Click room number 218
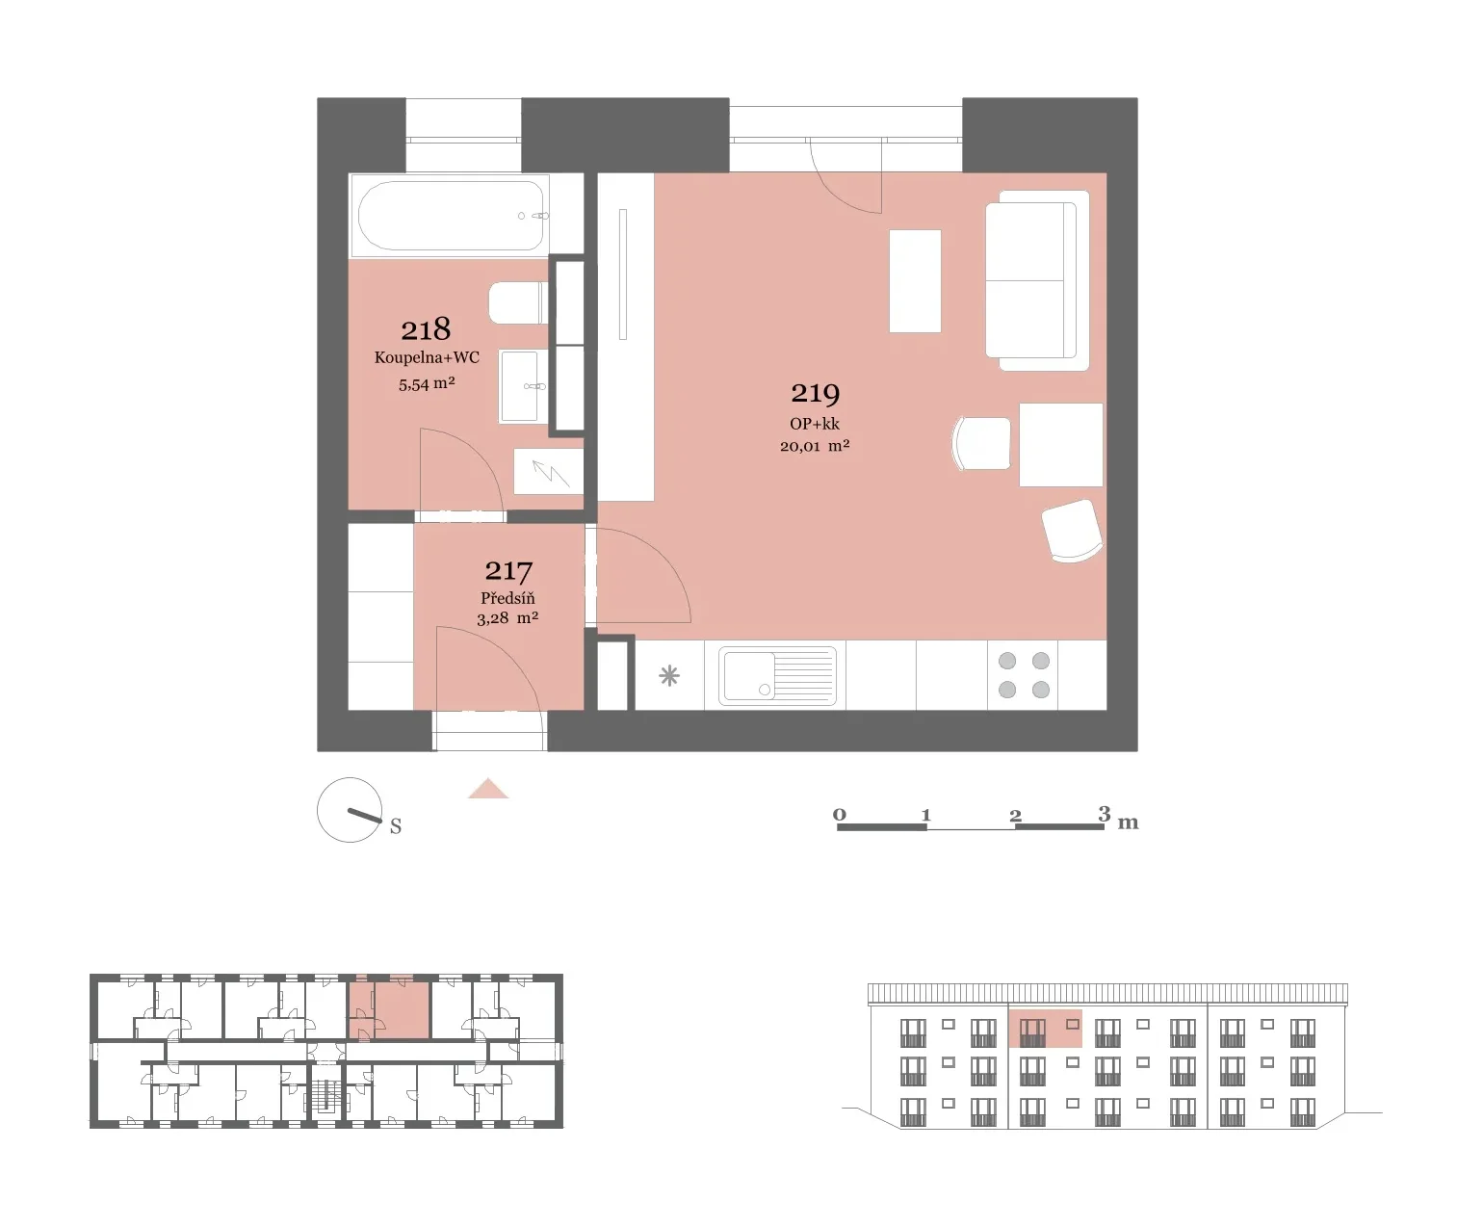coord(426,329)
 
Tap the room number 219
coord(815,394)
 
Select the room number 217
coord(508,571)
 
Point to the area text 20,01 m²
coord(815,446)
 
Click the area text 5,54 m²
coord(427,384)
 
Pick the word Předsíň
coord(507,598)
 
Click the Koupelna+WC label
coord(427,357)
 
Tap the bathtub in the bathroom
coord(450,216)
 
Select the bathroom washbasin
coord(523,386)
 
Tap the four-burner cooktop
coord(1023,675)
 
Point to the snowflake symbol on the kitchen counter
coord(669,675)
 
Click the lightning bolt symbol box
coord(549,472)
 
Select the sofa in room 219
coord(1037,280)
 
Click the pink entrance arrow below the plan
coord(488,789)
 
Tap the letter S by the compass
coord(396,826)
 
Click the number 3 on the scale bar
coord(1104,814)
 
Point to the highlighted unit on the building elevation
coord(1045,1028)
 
